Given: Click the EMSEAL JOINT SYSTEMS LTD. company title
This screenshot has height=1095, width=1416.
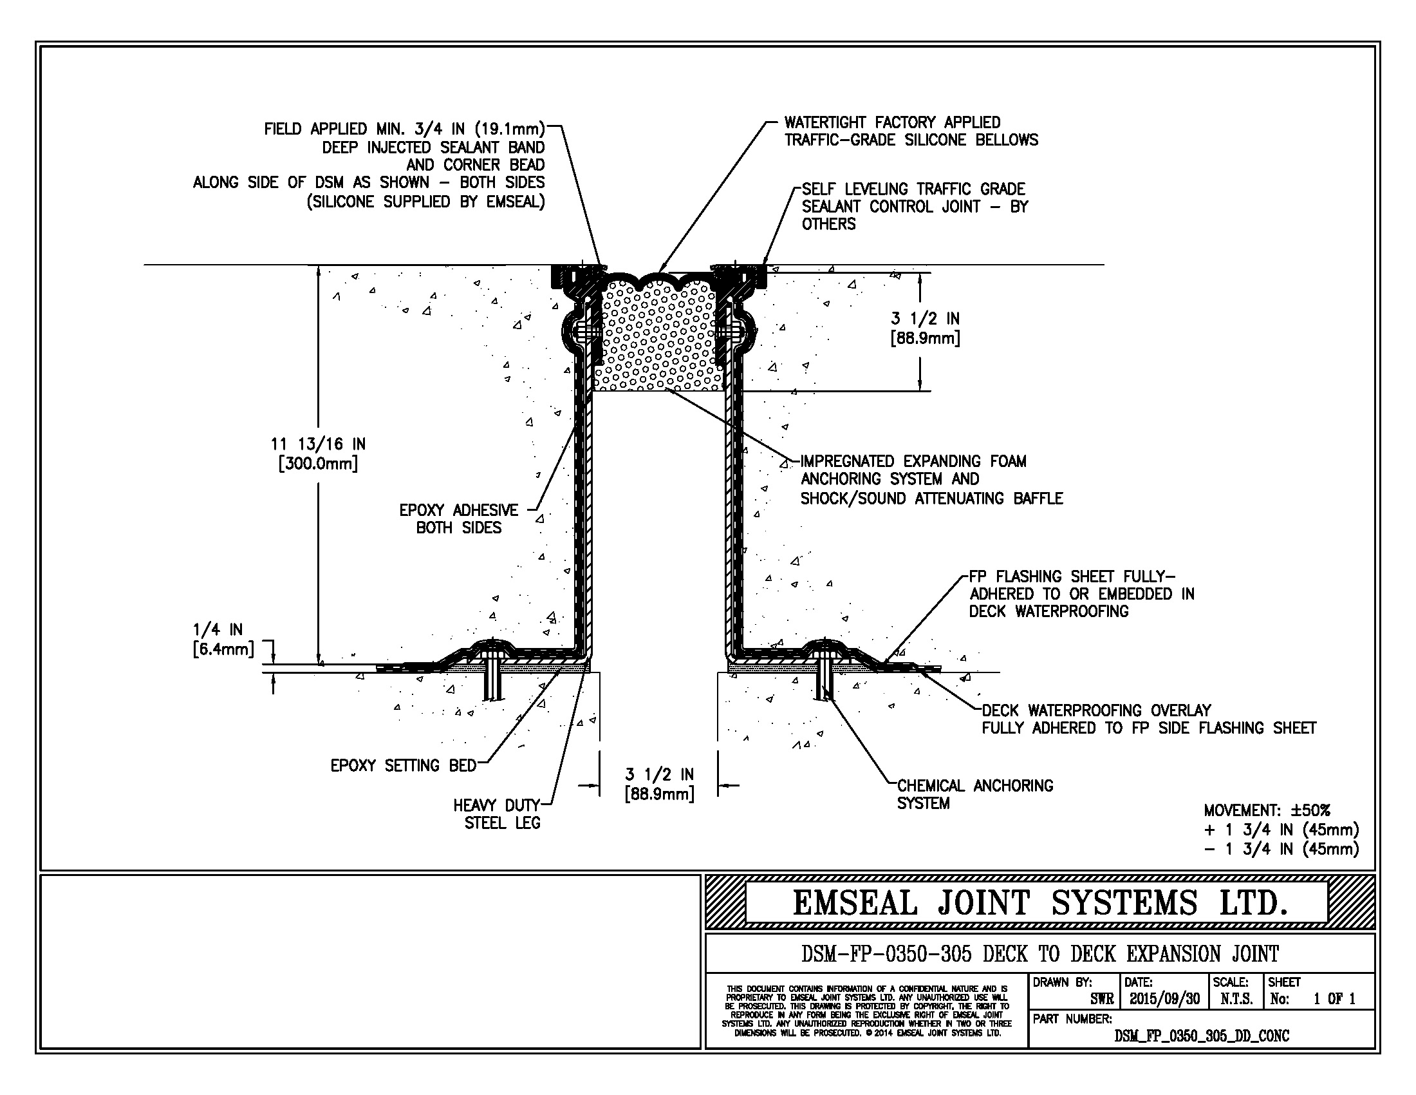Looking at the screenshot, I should click(1039, 902).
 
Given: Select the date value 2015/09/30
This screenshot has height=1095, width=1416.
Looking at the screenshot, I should click(1164, 999).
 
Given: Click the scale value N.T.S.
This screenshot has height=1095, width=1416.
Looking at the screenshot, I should click(1236, 999).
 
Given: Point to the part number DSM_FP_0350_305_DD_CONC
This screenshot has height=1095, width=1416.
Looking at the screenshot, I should click(1202, 1036).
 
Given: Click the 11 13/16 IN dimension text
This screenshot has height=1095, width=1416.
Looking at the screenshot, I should click(318, 444).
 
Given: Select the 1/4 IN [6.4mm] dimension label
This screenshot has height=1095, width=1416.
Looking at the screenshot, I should click(223, 639).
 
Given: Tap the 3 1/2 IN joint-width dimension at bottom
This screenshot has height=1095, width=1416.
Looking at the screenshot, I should click(658, 784).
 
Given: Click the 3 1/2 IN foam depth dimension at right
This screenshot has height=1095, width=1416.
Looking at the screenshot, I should click(925, 328).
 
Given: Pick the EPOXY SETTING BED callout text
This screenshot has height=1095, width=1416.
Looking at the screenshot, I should click(404, 765).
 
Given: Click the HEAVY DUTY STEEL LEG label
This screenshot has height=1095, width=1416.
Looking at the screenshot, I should click(497, 814).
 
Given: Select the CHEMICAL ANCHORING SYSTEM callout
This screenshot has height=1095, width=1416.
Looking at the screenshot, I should click(974, 794).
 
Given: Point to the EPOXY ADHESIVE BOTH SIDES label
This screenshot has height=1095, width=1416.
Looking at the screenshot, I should click(458, 519).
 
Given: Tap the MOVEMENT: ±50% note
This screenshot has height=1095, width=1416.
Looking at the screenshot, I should click(1267, 810).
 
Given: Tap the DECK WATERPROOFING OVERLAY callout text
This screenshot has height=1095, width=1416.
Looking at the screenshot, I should click(1096, 710).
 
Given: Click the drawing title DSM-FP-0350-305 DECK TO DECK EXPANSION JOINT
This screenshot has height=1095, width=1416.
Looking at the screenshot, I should click(1039, 954).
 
